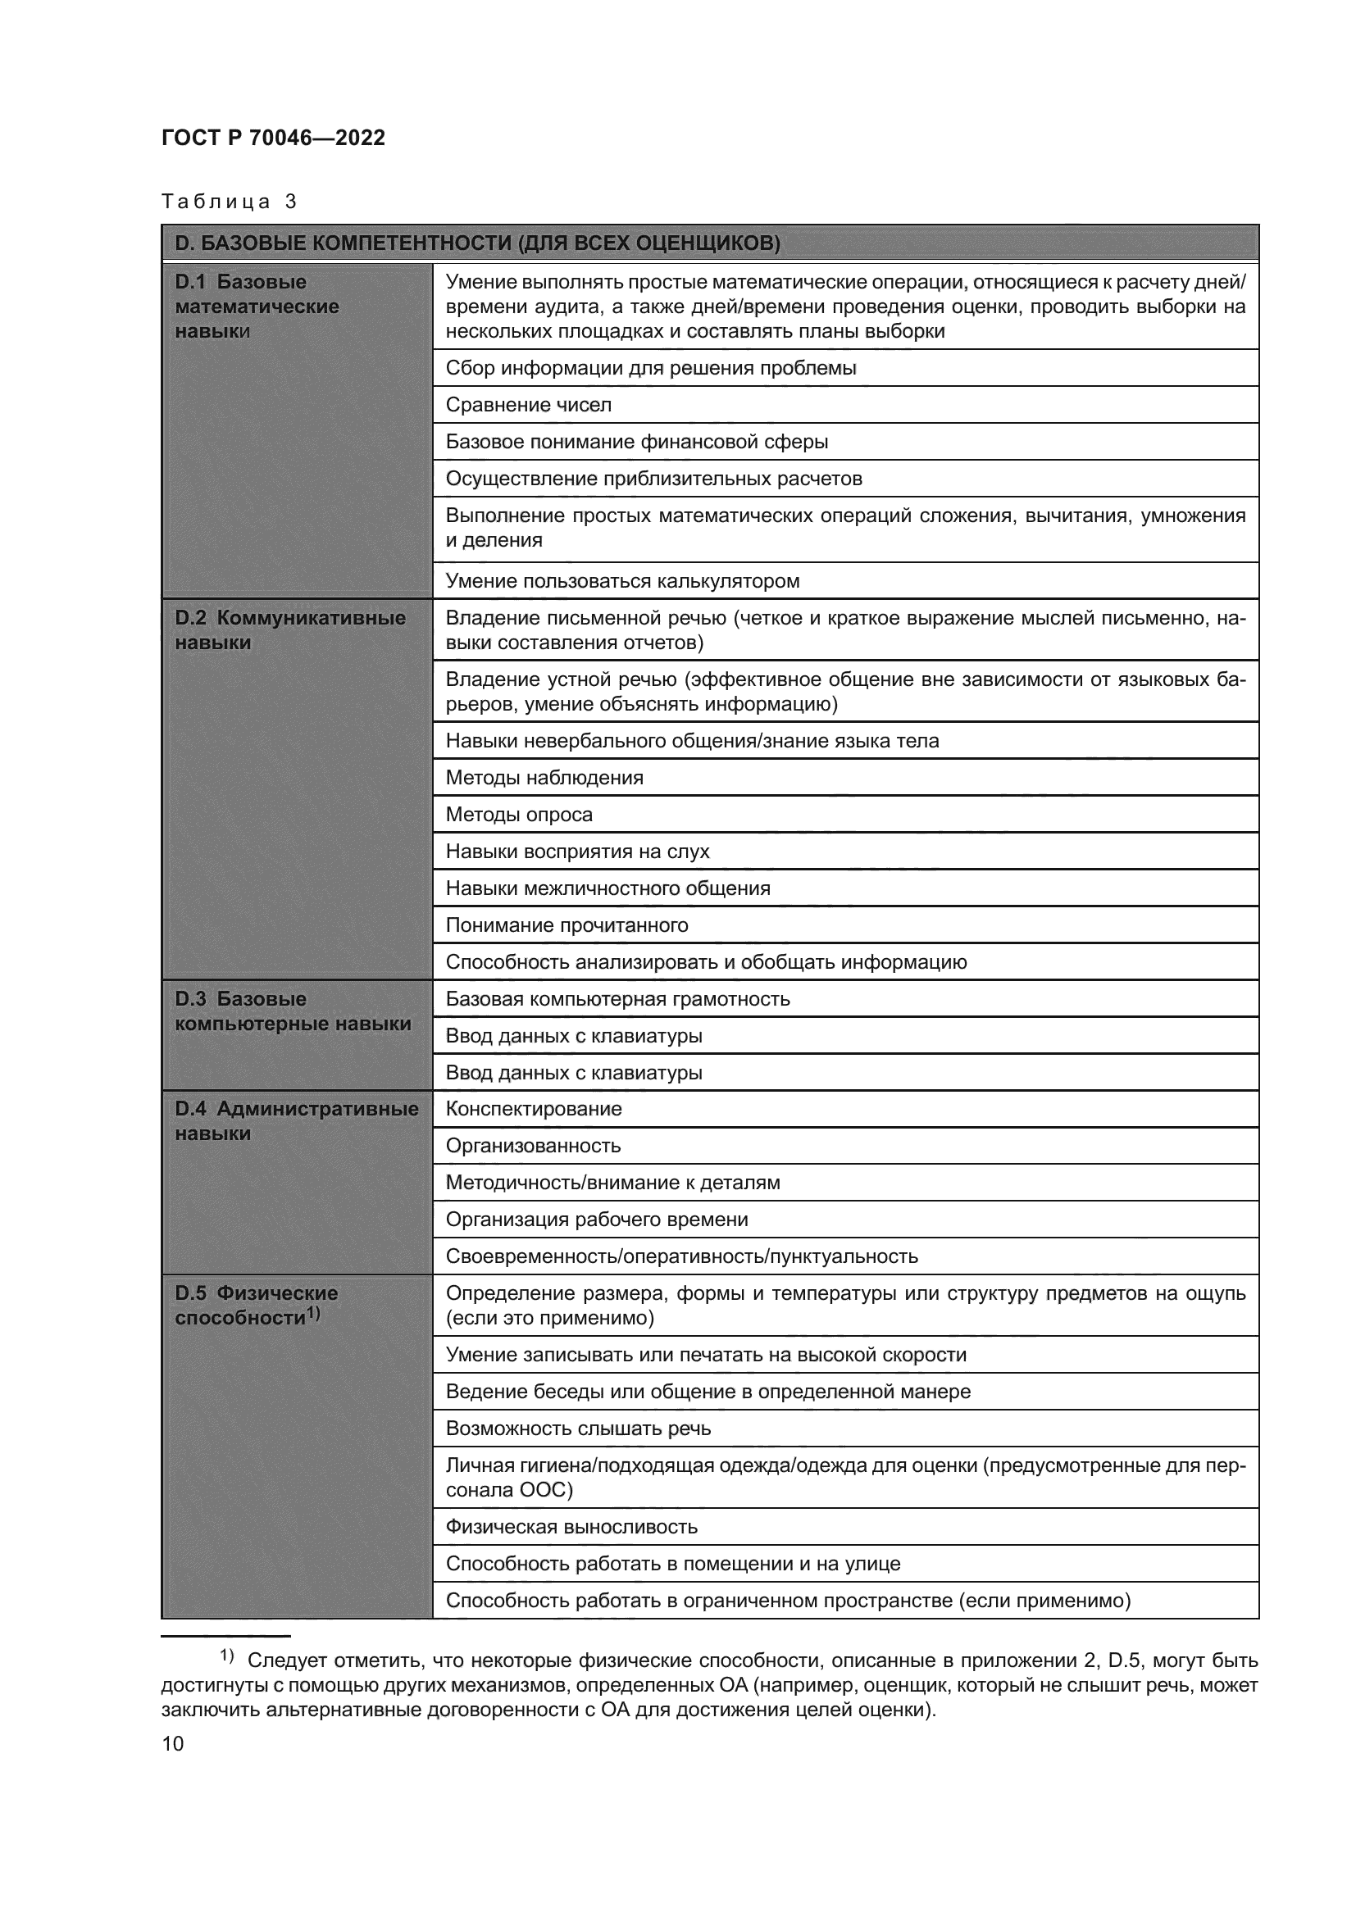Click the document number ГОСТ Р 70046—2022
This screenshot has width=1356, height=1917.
tap(273, 138)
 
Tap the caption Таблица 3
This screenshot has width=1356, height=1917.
tap(229, 202)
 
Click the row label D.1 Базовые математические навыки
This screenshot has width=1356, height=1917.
tap(257, 307)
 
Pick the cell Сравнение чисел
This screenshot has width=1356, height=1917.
tap(529, 405)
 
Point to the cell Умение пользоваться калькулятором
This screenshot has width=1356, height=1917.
tap(622, 581)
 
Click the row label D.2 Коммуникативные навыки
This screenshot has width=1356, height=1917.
tap(289, 630)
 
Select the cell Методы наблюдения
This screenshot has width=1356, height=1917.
tap(544, 778)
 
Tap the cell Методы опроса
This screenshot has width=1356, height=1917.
tap(518, 815)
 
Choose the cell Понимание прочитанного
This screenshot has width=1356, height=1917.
tap(567, 925)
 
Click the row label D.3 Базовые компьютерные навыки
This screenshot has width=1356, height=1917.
tap(292, 1011)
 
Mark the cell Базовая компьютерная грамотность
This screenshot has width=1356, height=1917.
tap(617, 998)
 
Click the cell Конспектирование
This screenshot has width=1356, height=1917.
tap(534, 1109)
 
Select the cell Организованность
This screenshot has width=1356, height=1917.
tap(533, 1146)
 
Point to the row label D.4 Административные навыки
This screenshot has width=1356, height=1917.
tap(296, 1121)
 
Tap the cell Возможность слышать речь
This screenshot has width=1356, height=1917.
tap(578, 1429)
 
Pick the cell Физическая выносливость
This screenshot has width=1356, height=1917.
tap(571, 1527)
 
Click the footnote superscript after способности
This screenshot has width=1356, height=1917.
tap(313, 1312)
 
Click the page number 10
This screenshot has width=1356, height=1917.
tap(173, 1743)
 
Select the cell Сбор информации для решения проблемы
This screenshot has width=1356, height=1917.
tap(650, 368)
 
